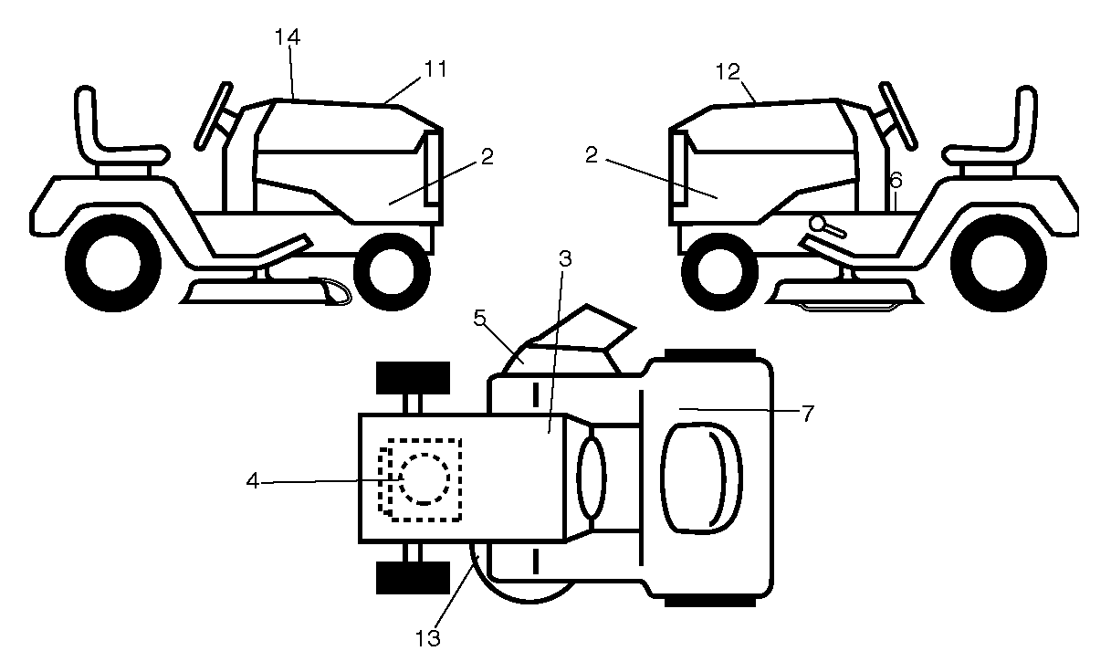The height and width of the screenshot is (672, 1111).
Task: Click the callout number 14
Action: pyautogui.click(x=288, y=37)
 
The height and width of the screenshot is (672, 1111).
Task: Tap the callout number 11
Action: pyautogui.click(x=435, y=69)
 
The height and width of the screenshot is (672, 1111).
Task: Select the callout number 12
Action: pyautogui.click(x=728, y=72)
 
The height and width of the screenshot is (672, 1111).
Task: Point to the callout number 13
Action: pyautogui.click(x=427, y=638)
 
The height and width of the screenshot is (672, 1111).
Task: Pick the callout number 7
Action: pyautogui.click(x=808, y=413)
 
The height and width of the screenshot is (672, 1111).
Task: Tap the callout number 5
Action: pyautogui.click(x=479, y=319)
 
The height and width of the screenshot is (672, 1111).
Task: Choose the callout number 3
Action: pyautogui.click(x=565, y=258)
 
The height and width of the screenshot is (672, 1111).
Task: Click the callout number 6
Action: pyautogui.click(x=896, y=180)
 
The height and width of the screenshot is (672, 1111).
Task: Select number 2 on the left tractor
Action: pyautogui.click(x=487, y=157)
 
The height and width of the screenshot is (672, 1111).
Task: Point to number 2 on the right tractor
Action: pyautogui.click(x=592, y=155)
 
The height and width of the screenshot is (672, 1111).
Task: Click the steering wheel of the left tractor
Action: pyautogui.click(x=214, y=116)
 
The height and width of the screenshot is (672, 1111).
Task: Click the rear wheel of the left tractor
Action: pyautogui.click(x=113, y=263)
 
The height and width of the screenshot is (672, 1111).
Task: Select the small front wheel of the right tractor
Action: pyautogui.click(x=719, y=272)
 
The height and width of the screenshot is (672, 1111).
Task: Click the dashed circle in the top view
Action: pyautogui.click(x=424, y=479)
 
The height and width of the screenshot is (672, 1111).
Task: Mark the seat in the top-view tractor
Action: pyautogui.click(x=701, y=478)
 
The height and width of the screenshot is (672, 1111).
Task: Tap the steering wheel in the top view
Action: pyautogui.click(x=592, y=478)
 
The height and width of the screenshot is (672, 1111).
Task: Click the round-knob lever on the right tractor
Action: pyautogui.click(x=827, y=226)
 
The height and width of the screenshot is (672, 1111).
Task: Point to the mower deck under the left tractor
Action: pyautogui.click(x=266, y=291)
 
